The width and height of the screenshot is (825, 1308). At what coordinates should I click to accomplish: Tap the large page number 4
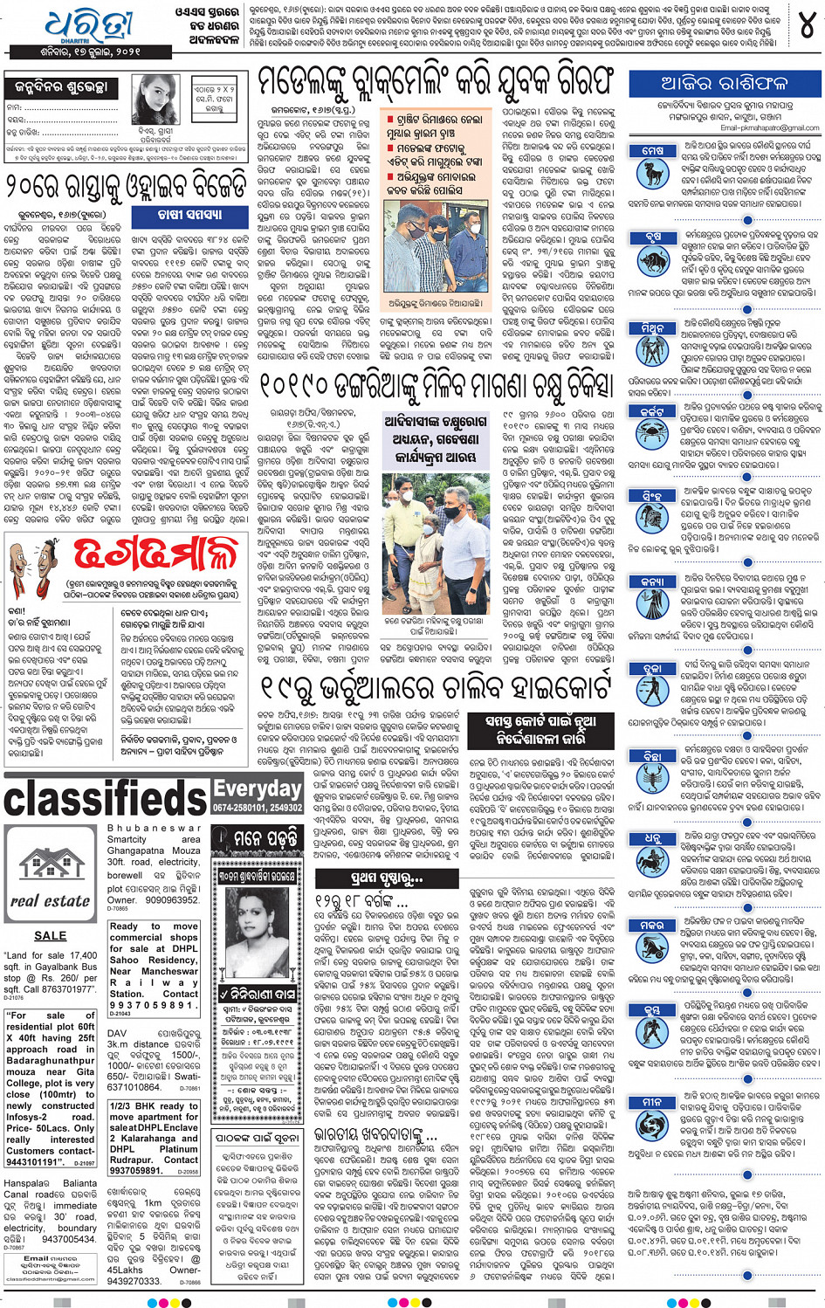coord(805,26)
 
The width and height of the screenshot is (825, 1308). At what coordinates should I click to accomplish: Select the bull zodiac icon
coord(652,259)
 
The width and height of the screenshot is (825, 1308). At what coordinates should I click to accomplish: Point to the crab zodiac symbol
coord(652,430)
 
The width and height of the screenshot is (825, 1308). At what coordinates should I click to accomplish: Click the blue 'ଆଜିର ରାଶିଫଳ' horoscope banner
coord(724,85)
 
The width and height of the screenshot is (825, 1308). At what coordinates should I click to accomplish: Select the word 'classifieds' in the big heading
coord(106,797)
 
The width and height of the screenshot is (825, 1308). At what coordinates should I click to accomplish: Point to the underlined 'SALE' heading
coord(50,935)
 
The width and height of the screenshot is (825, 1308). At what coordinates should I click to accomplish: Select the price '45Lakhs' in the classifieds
coord(127,1270)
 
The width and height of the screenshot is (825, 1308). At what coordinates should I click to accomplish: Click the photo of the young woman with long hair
coord(156,103)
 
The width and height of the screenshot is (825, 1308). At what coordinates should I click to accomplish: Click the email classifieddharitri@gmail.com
coord(50,1278)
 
